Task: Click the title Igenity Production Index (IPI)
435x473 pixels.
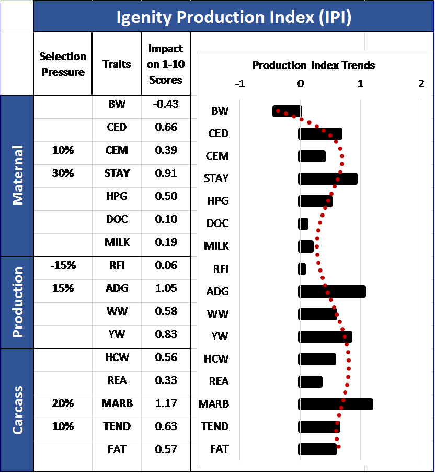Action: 234,17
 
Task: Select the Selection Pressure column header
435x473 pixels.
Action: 63,64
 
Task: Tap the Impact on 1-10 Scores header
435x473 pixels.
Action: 166,64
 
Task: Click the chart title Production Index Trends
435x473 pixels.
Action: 314,65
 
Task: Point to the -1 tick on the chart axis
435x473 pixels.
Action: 240,84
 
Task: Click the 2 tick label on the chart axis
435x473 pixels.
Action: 421,84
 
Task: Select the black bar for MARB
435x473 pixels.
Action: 336,404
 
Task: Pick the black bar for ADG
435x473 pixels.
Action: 332,291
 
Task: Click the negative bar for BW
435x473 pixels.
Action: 287,111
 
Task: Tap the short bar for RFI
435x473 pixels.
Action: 302,269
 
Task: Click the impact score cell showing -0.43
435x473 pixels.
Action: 166,104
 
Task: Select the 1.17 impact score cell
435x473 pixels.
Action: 166,403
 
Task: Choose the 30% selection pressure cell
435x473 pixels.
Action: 63,173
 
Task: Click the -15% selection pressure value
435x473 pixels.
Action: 63,265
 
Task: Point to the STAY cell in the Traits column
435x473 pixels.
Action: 117,173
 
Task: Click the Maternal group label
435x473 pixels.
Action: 17,175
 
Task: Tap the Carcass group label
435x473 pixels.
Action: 17,410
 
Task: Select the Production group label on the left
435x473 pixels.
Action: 17,302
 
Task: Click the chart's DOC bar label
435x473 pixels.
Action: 217,223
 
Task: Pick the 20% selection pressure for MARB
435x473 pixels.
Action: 63,403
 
